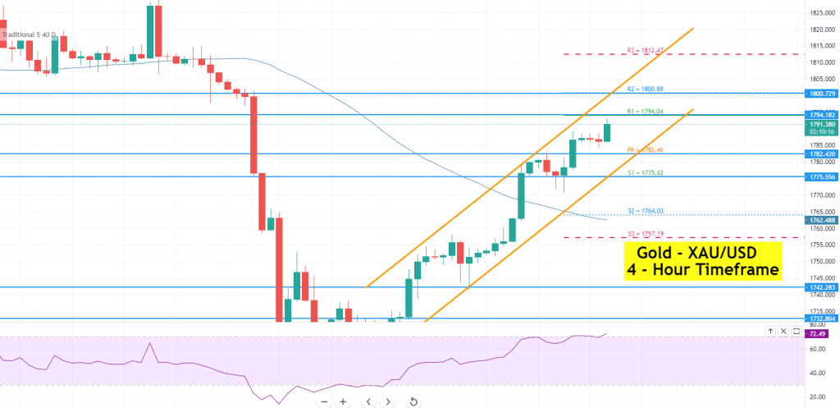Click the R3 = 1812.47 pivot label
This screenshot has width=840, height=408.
645,50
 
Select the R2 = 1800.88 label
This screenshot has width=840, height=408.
646,88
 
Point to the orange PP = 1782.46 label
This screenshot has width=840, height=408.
646,150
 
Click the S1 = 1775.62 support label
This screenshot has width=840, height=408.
645,172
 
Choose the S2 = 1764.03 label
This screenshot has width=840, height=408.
645,211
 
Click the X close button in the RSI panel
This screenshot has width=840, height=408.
783,331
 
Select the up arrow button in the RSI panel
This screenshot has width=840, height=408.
770,331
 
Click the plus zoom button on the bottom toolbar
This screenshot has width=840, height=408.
343,401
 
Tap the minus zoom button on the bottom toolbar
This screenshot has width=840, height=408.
324,401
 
